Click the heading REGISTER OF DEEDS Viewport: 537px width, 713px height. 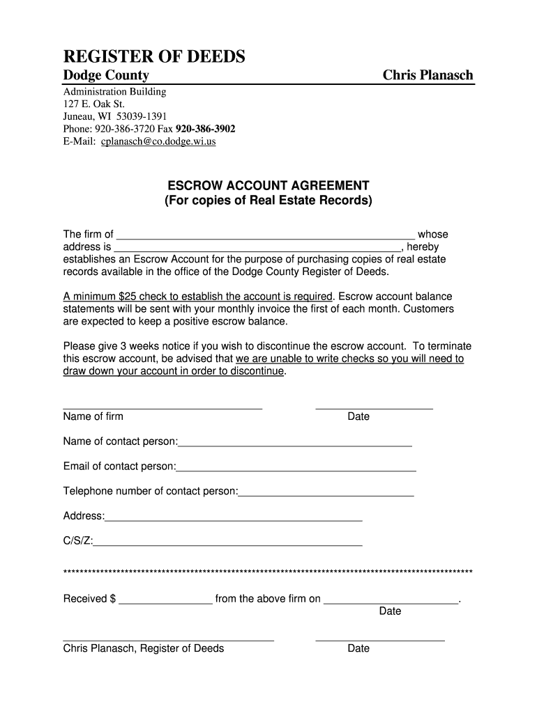click(x=154, y=56)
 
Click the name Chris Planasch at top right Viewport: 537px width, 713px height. click(x=428, y=75)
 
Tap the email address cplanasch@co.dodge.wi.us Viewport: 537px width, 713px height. click(x=158, y=141)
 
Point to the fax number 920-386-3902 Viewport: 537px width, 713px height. click(x=205, y=129)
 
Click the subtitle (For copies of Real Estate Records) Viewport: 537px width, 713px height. click(x=268, y=201)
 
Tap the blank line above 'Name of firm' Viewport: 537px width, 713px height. click(x=162, y=407)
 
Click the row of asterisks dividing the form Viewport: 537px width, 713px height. click(x=268, y=572)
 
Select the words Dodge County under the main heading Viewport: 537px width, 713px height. click(x=106, y=75)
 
